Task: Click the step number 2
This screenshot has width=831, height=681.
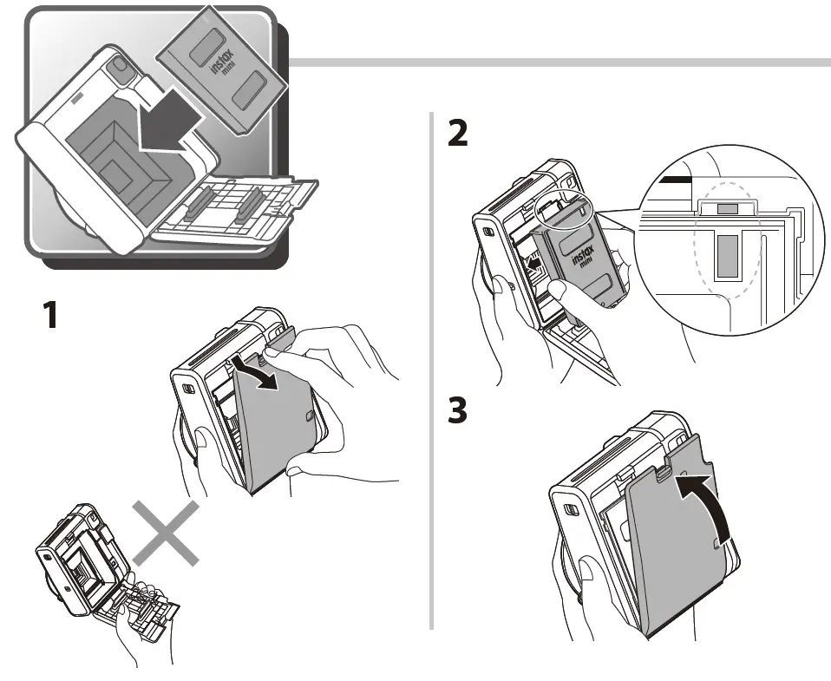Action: (x=457, y=132)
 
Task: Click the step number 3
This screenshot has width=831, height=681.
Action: (x=457, y=410)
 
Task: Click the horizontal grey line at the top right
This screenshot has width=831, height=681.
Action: (x=555, y=62)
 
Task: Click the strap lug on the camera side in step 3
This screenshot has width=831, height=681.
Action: (x=573, y=510)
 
